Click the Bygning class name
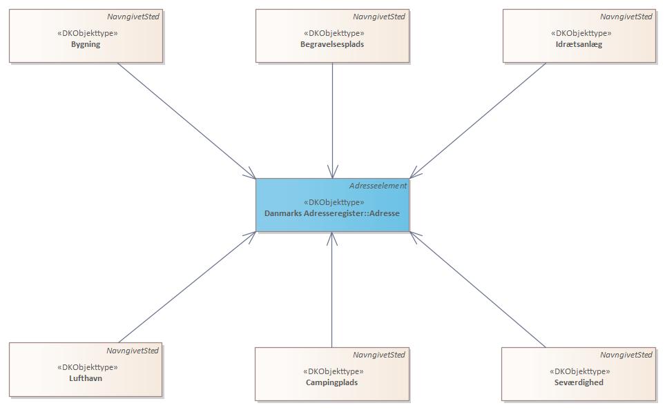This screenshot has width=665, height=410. click(x=86, y=44)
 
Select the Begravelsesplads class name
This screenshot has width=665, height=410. click(x=332, y=44)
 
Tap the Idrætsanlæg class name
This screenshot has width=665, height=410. click(x=579, y=44)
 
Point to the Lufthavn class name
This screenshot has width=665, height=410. click(x=86, y=378)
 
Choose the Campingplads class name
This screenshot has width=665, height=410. click(x=331, y=382)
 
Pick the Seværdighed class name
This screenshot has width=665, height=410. click(x=579, y=382)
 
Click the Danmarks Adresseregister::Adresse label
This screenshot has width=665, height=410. click(x=332, y=214)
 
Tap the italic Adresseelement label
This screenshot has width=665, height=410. click(x=378, y=186)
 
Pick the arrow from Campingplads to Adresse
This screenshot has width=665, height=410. click(x=332, y=290)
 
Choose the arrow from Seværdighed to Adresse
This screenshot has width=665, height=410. click(x=477, y=289)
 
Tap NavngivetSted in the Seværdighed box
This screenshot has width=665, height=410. click(x=626, y=355)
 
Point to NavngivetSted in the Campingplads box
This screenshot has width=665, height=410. click(x=379, y=355)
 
